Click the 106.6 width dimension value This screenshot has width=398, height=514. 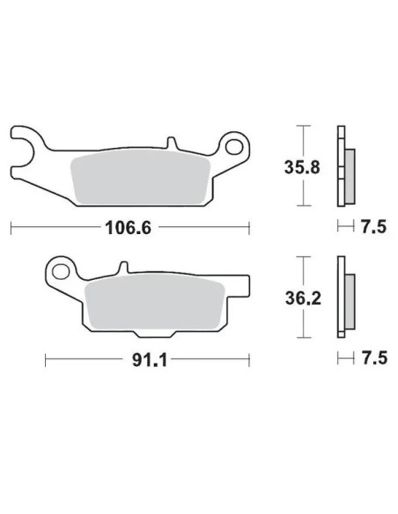[129, 228]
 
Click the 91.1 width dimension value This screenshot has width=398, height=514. [150, 360]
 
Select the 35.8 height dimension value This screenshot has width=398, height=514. [302, 167]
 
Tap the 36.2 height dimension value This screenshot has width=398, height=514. [303, 298]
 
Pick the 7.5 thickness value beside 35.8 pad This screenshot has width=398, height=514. [373, 226]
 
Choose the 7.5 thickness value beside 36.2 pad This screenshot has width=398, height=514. [374, 357]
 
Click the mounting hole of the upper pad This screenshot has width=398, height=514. [234, 146]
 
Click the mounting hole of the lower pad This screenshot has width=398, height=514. [61, 272]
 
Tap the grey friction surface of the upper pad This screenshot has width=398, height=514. [141, 177]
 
